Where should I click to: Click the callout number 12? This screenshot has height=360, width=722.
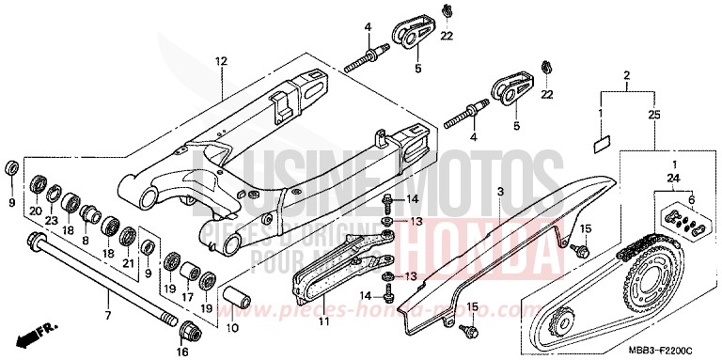pos(221,61)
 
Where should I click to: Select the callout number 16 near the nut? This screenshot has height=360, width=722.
pos(183,351)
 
